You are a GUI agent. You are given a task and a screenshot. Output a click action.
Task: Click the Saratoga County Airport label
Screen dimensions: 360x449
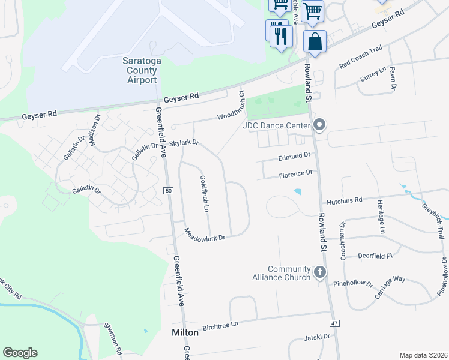(x=139, y=71)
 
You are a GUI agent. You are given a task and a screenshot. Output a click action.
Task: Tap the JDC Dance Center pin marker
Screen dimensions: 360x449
(x=319, y=125)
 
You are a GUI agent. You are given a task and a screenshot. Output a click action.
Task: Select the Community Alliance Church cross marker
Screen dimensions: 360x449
(x=319, y=272)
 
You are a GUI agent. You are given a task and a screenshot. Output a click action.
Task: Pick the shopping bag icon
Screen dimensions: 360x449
(x=315, y=43)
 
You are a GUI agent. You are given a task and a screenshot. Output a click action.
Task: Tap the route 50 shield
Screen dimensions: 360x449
(x=169, y=190)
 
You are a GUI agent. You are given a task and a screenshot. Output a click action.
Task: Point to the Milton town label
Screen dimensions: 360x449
(x=185, y=331)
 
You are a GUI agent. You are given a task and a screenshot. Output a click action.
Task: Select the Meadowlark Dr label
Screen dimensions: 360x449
(x=204, y=235)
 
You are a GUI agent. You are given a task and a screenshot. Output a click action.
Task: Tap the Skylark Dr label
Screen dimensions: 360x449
(x=184, y=143)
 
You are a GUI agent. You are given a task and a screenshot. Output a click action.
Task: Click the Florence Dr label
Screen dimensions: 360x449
(x=296, y=173)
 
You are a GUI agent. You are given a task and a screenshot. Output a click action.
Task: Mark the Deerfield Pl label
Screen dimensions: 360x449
(x=375, y=256)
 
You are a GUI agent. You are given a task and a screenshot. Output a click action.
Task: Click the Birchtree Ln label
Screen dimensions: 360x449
(x=220, y=324)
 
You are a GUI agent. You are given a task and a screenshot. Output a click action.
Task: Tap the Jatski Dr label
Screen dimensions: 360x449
(x=318, y=337)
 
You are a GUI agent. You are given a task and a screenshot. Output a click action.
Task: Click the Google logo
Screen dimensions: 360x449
(x=20, y=353)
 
